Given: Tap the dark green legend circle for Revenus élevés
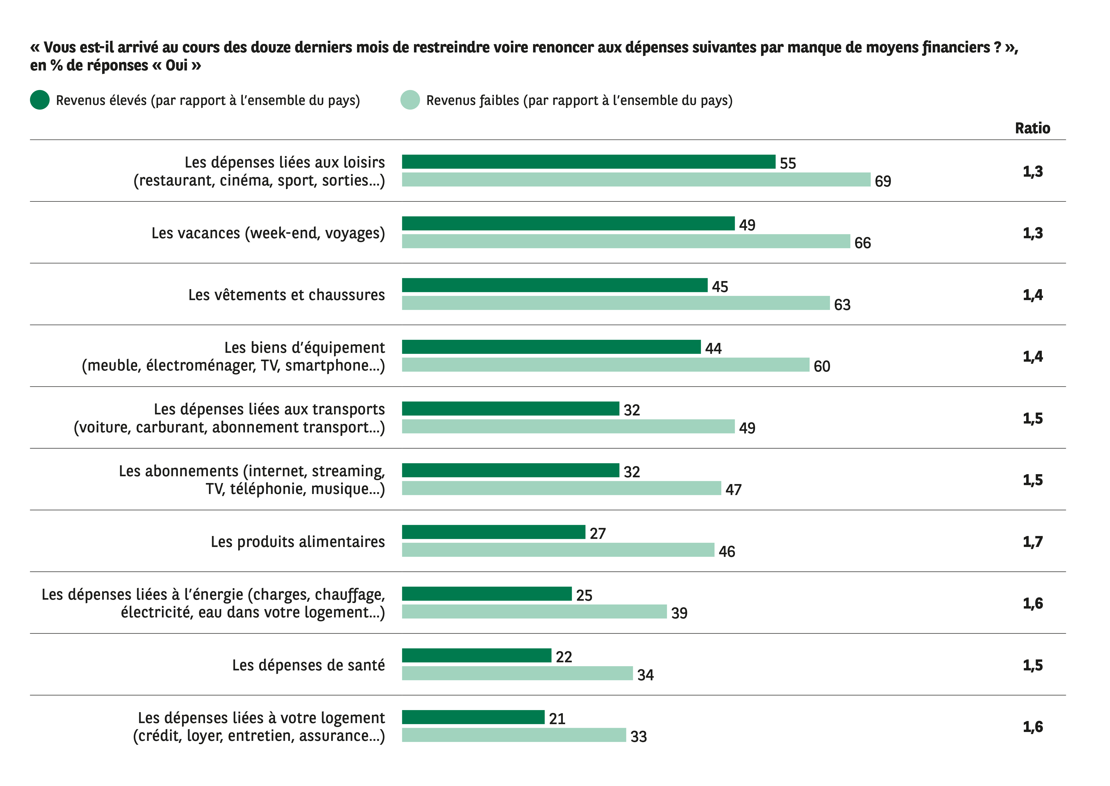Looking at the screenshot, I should tap(40, 100).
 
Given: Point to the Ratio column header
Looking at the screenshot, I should tap(1032, 128).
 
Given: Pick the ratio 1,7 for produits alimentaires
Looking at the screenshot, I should tap(1032, 541).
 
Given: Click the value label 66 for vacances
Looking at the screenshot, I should tap(862, 242).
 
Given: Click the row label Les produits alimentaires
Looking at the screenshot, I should tap(297, 541).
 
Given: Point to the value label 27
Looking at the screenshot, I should tap(598, 533).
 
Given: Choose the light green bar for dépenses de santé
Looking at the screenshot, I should tap(517, 673).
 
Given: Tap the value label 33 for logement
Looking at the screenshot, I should tap(638, 736).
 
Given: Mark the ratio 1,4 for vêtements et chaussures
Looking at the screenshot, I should tap(1032, 295).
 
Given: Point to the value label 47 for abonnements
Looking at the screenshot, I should tap(733, 489).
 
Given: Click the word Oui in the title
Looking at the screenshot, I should tap(176, 65).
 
